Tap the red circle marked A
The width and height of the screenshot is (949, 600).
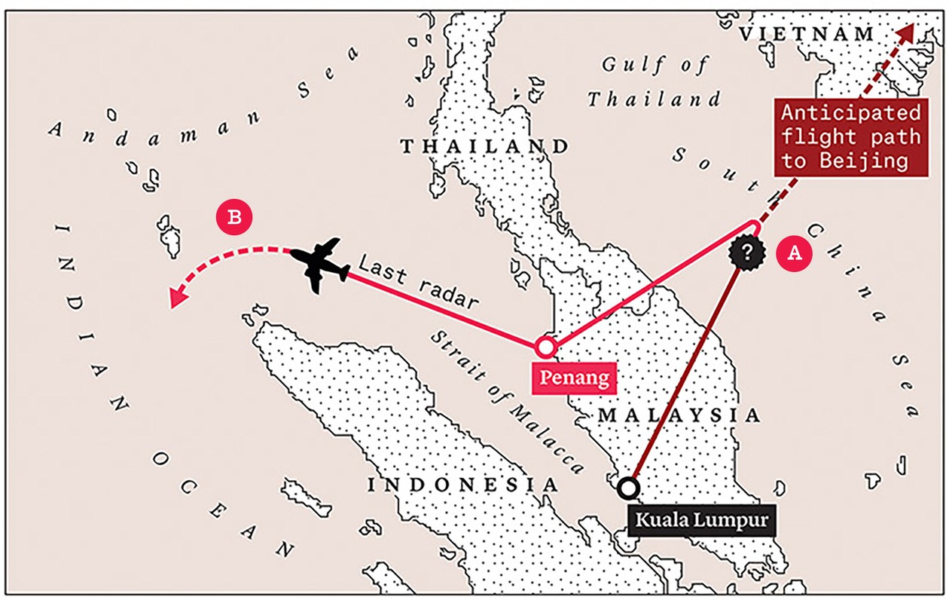click(795, 253)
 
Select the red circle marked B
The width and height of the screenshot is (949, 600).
click(234, 218)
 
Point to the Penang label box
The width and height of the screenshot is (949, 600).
click(574, 377)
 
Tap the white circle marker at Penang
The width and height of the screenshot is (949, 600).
click(545, 347)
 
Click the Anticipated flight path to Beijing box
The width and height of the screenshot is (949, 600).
click(850, 137)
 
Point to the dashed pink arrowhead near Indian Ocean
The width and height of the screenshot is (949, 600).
click(177, 299)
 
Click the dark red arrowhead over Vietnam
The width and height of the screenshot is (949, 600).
click(906, 32)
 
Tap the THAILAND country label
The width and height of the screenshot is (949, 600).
click(484, 146)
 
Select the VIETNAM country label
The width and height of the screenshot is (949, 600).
click(807, 34)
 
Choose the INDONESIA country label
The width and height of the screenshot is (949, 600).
click(463, 485)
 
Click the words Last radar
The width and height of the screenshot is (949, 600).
click(419, 281)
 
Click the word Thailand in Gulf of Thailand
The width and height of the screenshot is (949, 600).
click(654, 99)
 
